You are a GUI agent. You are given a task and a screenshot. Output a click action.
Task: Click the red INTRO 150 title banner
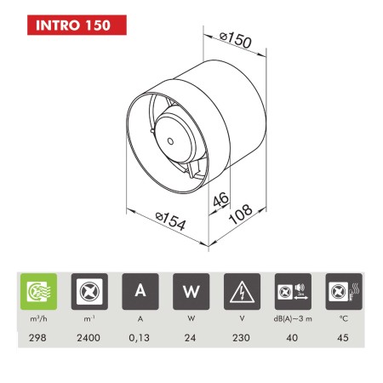[77, 25]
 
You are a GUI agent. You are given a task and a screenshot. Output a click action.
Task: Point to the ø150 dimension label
[236, 39]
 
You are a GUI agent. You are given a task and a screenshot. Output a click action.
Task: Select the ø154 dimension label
[171, 220]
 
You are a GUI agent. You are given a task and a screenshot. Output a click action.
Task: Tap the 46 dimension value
[220, 200]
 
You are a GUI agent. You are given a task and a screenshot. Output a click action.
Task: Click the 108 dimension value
[241, 214]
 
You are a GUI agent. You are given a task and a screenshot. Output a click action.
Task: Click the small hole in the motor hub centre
[170, 141]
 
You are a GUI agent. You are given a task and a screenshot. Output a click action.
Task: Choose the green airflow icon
[38, 291]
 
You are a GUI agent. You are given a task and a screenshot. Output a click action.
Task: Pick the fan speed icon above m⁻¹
[89, 291]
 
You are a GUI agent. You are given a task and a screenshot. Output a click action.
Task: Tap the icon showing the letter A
[140, 291]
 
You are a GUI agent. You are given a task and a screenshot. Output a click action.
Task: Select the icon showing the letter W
[191, 291]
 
